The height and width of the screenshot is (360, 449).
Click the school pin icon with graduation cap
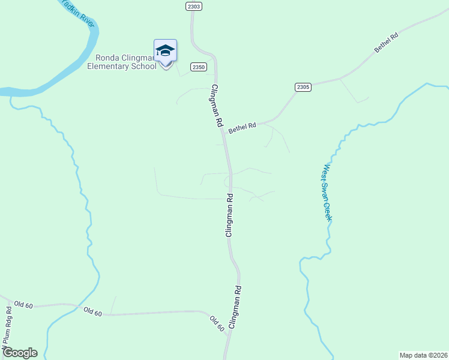click(x=165, y=52)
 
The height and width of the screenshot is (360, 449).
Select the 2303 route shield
click(x=193, y=6)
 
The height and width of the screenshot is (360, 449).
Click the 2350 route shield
click(x=199, y=67)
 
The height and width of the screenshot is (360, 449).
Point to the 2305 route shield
click(x=303, y=87)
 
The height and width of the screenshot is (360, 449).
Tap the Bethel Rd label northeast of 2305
click(x=386, y=44)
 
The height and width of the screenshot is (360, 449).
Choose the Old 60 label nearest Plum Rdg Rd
click(x=23, y=305)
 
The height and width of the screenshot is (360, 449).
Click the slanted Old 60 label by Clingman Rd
click(x=217, y=323)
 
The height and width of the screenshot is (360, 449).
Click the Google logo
click(x=20, y=352)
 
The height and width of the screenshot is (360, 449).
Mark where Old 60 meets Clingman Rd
click(x=227, y=334)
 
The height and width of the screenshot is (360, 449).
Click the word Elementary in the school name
click(x=106, y=66)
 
